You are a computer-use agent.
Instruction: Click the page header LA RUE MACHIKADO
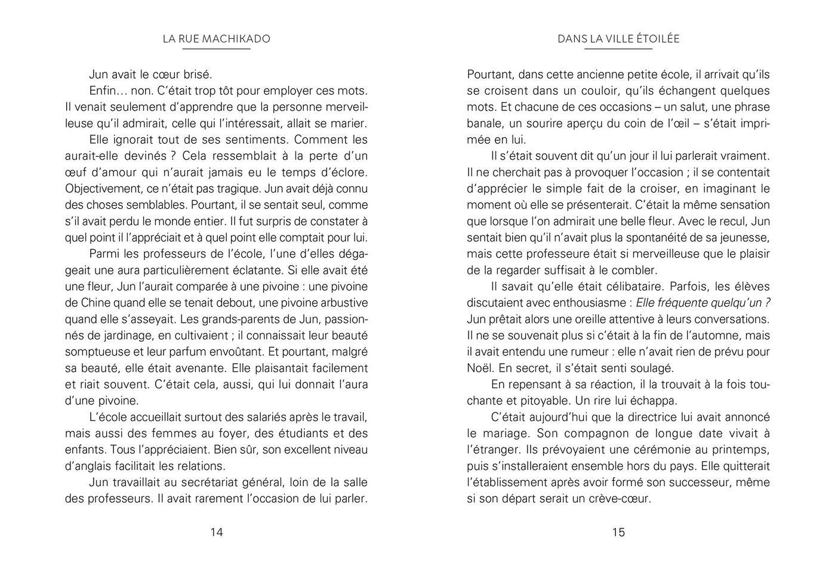coord(216,39)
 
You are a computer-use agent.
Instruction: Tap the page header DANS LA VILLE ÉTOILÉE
coord(618,39)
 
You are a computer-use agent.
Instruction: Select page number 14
coord(216,532)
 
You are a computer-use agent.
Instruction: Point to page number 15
coord(618,532)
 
